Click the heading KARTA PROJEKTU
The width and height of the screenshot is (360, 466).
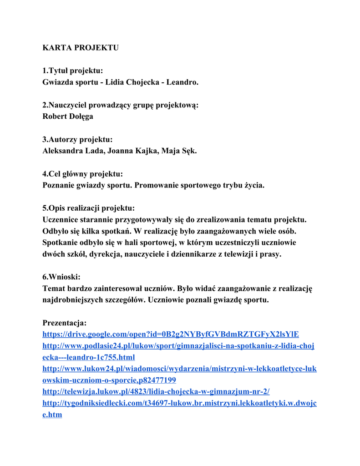click(x=80, y=48)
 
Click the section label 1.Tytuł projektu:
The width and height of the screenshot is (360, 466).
click(x=72, y=71)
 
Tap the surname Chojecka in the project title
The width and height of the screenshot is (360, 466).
click(x=142, y=82)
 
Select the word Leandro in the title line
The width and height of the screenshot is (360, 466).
click(x=182, y=82)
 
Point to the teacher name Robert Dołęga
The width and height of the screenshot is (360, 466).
click(x=68, y=116)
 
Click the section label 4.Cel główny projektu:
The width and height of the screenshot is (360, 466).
click(x=82, y=174)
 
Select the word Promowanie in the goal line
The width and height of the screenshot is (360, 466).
click(x=157, y=185)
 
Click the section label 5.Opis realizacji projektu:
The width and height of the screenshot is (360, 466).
click(x=88, y=208)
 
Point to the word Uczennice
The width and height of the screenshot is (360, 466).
click(x=62, y=220)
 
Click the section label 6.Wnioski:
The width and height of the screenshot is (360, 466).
click(x=61, y=277)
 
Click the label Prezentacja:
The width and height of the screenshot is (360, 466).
click(x=64, y=323)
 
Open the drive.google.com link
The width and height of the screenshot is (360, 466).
click(x=170, y=334)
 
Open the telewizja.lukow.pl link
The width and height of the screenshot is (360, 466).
click(x=156, y=392)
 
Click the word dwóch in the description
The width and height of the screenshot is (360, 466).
click(x=54, y=254)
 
